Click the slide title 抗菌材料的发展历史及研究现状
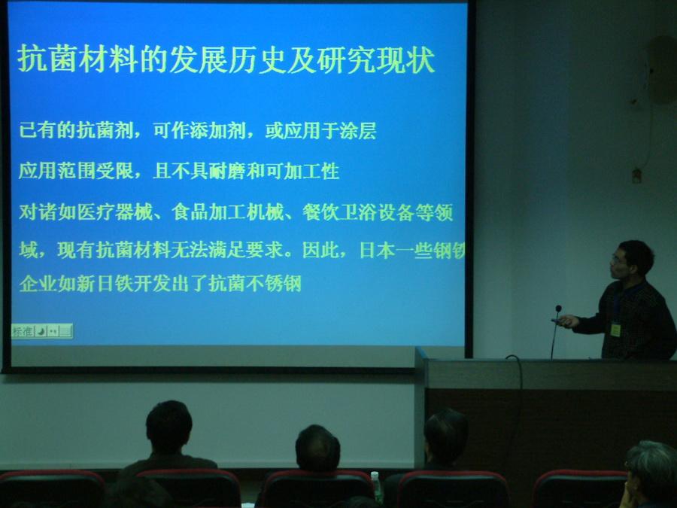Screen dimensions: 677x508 click(x=226, y=59)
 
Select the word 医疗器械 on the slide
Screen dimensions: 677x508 click(x=115, y=212)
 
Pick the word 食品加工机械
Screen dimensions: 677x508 click(x=228, y=212)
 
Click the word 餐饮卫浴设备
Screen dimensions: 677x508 click(x=357, y=212)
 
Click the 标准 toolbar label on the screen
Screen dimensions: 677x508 click(x=23, y=331)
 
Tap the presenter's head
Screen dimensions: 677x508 click(x=632, y=260)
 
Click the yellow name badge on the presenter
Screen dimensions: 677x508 click(x=615, y=330)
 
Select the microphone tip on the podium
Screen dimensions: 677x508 click(x=558, y=309)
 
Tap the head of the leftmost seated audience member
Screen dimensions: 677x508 click(x=168, y=427)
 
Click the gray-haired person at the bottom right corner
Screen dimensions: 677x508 click(x=650, y=474)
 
